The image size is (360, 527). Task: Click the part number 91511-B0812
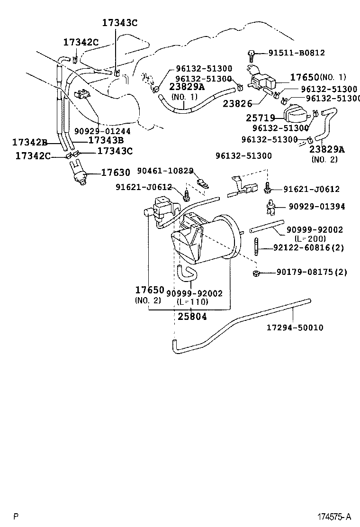pos(297,53)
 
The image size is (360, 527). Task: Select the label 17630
pos(116,173)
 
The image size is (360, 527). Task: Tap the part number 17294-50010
pos(295,327)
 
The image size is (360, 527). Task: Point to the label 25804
pos(192,316)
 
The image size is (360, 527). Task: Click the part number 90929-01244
pos(102,131)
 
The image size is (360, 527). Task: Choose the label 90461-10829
pos(165,171)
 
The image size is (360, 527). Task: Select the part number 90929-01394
pos(317,206)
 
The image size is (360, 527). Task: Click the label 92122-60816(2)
pos(309,248)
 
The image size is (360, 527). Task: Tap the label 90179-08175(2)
pos(312,272)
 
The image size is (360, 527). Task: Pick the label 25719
pos(261,118)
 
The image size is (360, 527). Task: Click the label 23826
pos(237,103)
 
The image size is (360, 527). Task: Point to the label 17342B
pos(30,142)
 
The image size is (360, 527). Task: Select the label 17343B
pos(106,140)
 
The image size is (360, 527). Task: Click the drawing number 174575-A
pos(334,516)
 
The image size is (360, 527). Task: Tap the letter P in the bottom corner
pos(16,517)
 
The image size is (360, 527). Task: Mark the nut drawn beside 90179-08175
pos(256,273)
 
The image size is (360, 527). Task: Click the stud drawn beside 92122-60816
pos(257,247)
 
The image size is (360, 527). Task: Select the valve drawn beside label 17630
pos(78,172)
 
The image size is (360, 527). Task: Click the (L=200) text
pos(310,239)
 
